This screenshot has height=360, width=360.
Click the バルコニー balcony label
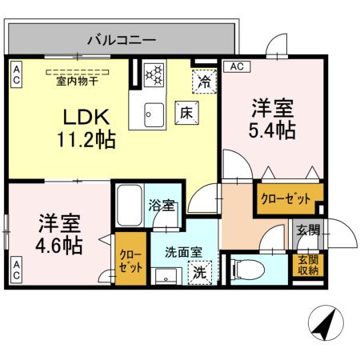pos(121,38)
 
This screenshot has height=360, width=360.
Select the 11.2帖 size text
pos(86,141)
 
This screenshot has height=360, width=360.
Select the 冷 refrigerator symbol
pos(205,80)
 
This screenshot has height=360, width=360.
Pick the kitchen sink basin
pos(151,114)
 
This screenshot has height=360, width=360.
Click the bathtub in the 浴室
pos(128,206)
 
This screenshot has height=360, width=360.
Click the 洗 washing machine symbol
pos(200,272)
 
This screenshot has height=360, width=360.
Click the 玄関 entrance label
pos(307,231)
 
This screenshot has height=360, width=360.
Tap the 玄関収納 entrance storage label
pos(307,264)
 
